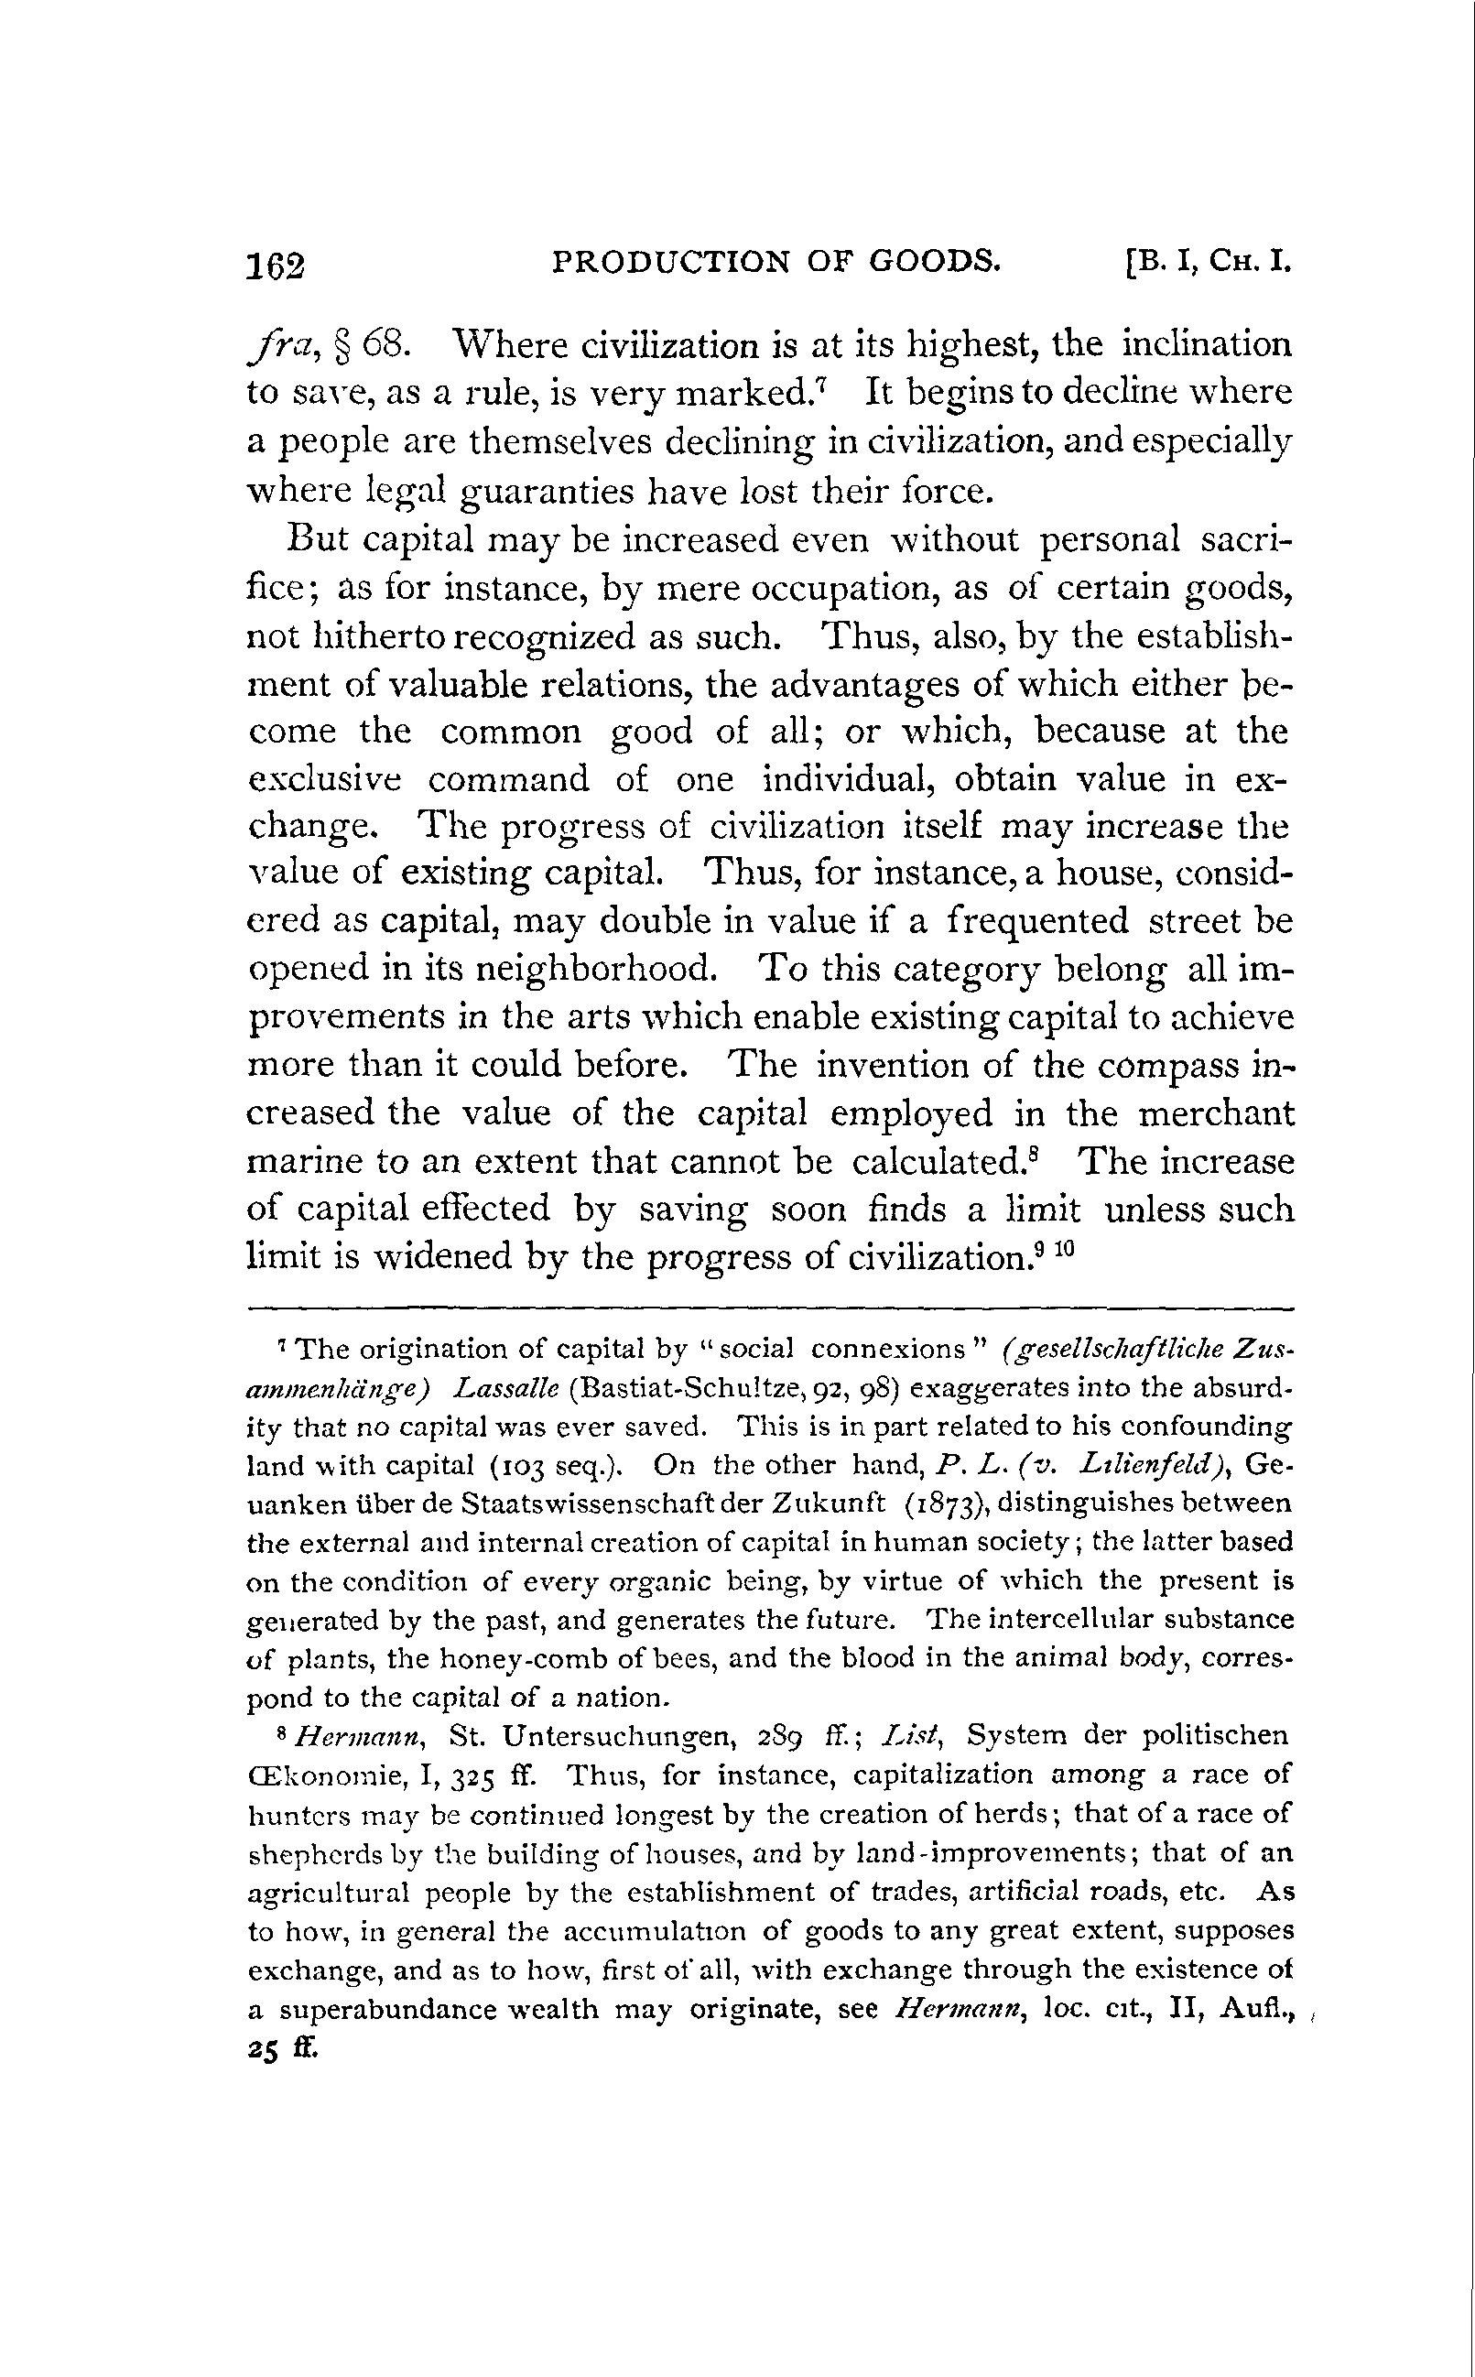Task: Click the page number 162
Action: click(x=277, y=266)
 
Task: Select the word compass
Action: click(x=1166, y=1065)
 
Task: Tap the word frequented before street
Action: click(x=1038, y=921)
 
